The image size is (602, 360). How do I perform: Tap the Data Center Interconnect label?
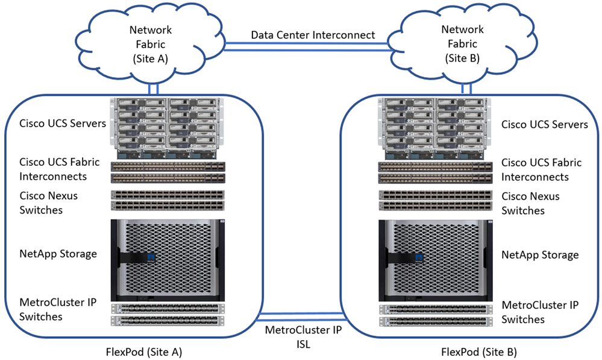coord(313,35)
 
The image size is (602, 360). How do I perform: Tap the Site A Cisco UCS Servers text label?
coord(63,124)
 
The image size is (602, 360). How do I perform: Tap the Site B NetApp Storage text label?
coord(540,255)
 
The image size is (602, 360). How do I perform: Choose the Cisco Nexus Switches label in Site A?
coord(49,203)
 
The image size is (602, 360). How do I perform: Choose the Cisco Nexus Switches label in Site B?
coord(531,203)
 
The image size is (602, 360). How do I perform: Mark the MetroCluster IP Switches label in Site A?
coord(58,309)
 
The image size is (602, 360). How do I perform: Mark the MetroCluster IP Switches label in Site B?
coord(540,312)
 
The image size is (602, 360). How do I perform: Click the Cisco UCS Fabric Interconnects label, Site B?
coord(542,169)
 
